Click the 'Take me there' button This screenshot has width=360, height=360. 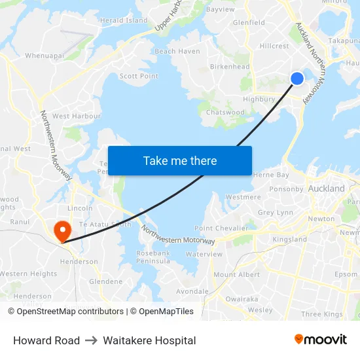tap(180, 160)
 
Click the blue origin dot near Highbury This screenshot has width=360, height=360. tap(297, 78)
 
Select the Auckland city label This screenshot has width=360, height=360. tap(327, 189)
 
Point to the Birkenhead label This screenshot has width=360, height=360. tap(230, 67)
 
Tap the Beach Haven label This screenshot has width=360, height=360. tap(177, 51)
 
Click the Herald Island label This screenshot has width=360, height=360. tap(124, 21)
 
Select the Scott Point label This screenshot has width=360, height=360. tap(139, 76)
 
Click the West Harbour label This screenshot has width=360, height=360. tap(77, 116)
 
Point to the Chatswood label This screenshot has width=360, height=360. tap(225, 113)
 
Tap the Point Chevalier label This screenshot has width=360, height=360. tap(221, 228)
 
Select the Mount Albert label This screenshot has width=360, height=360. tap(237, 275)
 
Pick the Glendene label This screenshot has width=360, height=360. tap(106, 281)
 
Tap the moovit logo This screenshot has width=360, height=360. tap(321, 340)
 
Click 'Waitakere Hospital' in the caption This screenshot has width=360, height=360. tap(149, 340)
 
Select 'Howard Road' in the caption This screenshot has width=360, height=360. tap(46, 340)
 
